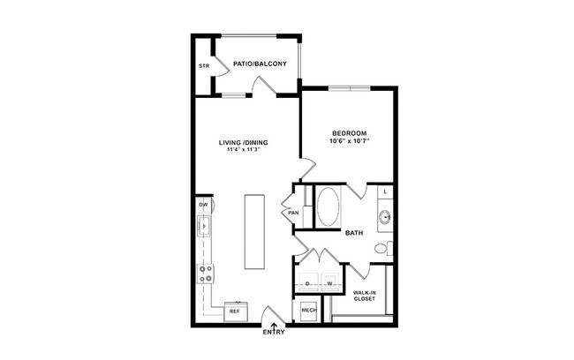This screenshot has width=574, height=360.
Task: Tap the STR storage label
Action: point(204,66)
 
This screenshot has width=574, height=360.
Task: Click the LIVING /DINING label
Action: point(244,142)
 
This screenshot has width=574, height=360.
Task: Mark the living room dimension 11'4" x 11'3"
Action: point(244,151)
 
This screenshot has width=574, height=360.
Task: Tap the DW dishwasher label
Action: point(203,206)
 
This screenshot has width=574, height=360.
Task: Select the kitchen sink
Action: point(205,227)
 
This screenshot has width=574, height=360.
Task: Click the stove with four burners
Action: point(205,274)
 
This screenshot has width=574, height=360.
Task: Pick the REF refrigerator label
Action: point(235,311)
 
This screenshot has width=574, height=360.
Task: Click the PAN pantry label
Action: point(293,212)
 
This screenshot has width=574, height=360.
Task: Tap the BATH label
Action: point(354,234)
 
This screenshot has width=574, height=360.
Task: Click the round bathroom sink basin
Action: point(385,215)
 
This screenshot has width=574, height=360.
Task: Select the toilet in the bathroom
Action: point(381,248)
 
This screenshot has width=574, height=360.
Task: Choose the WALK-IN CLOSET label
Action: point(365,296)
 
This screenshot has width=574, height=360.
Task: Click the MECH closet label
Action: point(309,311)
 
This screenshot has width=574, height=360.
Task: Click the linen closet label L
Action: point(385,191)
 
